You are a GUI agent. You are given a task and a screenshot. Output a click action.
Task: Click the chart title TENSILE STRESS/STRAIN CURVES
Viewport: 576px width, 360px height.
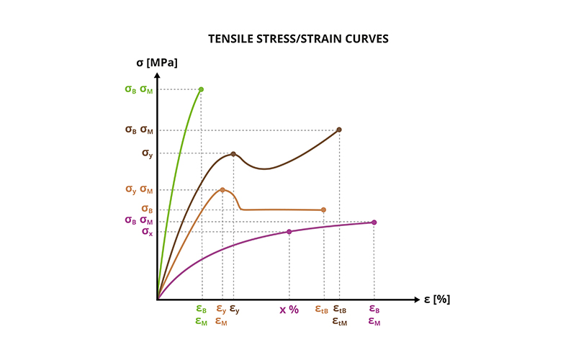pos(288,39)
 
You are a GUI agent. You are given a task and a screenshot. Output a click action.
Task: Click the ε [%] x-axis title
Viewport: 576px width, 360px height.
pos(436,299)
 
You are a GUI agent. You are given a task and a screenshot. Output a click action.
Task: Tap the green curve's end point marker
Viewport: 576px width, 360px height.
pos(201,89)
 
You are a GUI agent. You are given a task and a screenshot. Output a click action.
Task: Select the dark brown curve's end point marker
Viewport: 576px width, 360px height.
pos(339,130)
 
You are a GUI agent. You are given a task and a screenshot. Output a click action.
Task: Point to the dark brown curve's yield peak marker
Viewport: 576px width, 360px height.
pos(233,154)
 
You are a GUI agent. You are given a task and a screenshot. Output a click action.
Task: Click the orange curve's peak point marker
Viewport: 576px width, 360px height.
pos(222,190)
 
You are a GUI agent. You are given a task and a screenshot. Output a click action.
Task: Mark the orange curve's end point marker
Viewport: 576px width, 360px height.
pos(323,210)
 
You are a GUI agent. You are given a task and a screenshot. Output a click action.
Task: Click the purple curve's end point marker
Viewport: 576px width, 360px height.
pos(374,222)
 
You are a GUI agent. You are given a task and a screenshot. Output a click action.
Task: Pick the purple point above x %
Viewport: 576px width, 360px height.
pos(289,231)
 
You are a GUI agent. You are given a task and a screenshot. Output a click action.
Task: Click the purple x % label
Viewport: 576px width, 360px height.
pos(289,310)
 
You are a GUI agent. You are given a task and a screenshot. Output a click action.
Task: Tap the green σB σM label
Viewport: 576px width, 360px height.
pos(138,90)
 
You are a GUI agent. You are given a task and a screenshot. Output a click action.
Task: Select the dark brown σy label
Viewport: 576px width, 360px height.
pos(147,153)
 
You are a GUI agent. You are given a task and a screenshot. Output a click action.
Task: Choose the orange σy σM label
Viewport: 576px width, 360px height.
pos(138,190)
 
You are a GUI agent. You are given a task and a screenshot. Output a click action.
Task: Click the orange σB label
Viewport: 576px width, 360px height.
pos(147,210)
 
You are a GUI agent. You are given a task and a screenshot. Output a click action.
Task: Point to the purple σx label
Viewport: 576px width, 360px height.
pos(147,232)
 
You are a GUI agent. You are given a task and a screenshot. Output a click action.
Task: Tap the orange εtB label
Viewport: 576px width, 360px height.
pos(322,310)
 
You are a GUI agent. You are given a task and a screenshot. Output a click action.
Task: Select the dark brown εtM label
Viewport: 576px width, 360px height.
pos(340,323)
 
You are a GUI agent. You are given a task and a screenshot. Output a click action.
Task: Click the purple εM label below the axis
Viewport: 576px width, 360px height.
pos(374,323)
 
